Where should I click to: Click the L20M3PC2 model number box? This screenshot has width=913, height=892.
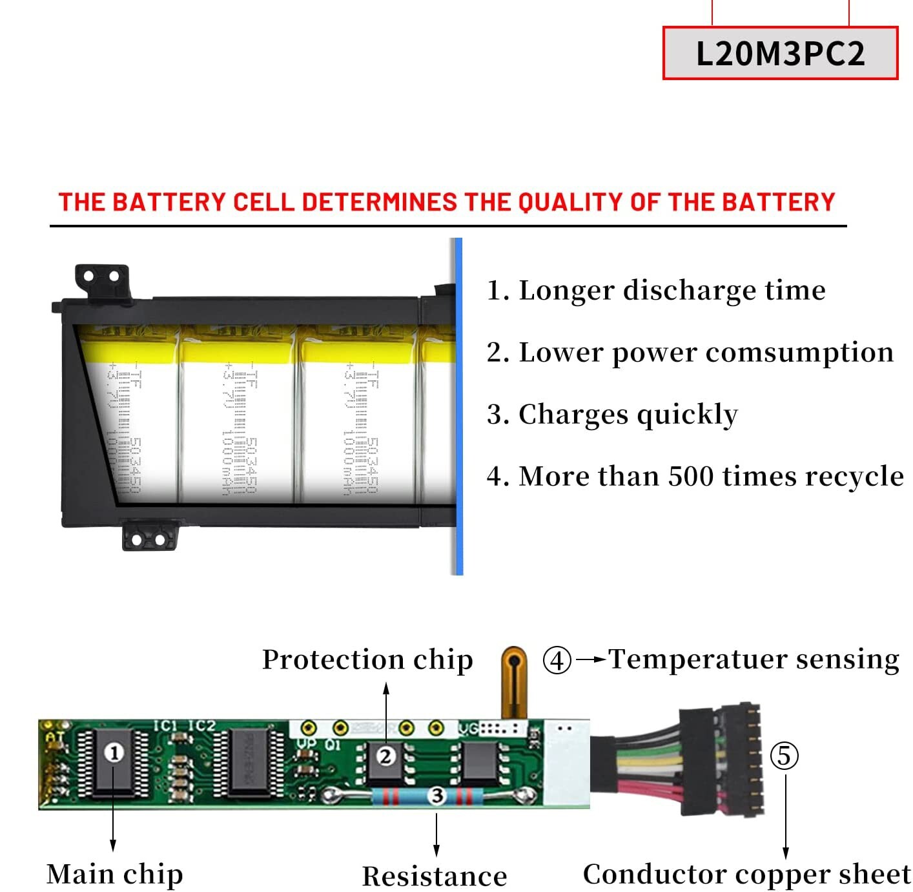780,53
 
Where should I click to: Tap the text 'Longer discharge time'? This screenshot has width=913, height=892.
672,290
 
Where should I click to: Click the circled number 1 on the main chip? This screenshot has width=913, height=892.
114,753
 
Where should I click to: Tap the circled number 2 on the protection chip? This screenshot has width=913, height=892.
385,756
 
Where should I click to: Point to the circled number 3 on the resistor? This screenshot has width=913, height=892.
437,796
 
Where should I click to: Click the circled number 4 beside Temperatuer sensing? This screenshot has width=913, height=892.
557,660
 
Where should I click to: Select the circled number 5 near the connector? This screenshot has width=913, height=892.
784,756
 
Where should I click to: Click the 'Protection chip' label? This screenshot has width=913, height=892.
367,660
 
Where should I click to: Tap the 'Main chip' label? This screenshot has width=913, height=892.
114,875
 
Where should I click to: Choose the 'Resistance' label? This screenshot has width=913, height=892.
435,876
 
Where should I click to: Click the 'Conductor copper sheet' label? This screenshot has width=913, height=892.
746,875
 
